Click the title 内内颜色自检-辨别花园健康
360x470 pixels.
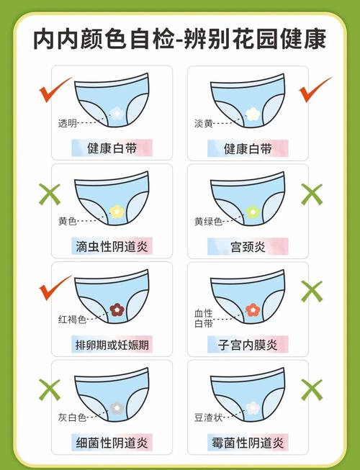point(179,38)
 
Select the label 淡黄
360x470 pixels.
point(204,123)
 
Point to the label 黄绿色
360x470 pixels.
point(207,221)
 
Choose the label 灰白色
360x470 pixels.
point(72,417)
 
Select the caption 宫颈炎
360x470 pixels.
point(248,247)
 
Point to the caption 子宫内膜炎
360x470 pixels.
point(248,345)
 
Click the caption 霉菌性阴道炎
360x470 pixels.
point(248,442)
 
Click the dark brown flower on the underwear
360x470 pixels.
point(117,309)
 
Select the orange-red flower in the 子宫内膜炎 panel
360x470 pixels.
point(252,309)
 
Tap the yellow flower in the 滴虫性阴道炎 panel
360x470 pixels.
point(117,212)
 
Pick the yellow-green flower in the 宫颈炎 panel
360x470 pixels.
point(252,212)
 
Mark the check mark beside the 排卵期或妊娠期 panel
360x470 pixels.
point(54,288)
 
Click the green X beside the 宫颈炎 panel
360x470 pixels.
point(311,193)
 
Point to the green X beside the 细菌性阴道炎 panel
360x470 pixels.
point(49,389)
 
